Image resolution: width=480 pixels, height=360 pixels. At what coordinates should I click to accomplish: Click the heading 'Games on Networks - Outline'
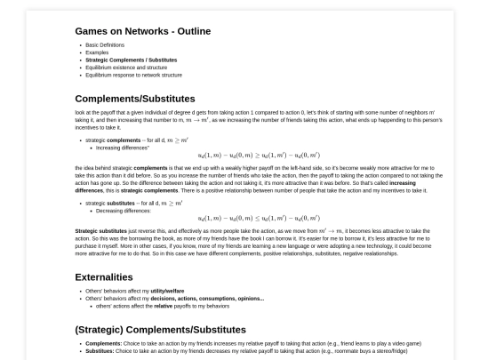click(x=143, y=31)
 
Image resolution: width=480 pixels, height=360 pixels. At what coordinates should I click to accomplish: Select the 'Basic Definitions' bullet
click(x=105, y=44)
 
